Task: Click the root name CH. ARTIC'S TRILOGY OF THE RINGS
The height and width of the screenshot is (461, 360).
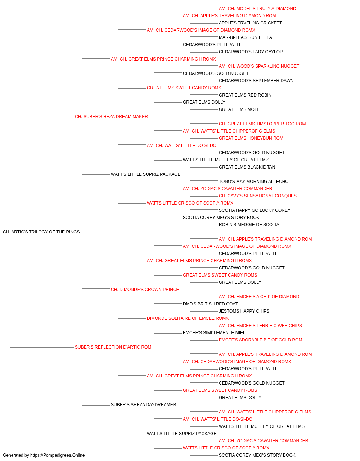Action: click(x=41, y=232)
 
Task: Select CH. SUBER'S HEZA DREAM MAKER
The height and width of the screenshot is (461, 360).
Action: click(x=111, y=117)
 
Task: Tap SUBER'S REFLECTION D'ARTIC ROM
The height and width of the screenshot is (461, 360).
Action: click(x=113, y=347)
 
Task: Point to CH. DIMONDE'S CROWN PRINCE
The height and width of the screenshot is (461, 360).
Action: click(x=145, y=290)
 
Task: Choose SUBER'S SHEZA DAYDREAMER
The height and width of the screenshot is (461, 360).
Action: click(x=143, y=405)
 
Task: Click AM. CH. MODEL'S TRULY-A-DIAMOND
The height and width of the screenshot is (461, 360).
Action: click(x=257, y=9)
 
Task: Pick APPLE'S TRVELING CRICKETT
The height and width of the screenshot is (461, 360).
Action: click(x=250, y=23)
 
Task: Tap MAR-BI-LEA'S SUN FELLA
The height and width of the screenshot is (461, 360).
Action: click(x=245, y=37)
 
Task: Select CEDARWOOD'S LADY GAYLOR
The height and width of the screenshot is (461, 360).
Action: click(x=251, y=52)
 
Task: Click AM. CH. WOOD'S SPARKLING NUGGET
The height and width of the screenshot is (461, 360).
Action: click(x=259, y=66)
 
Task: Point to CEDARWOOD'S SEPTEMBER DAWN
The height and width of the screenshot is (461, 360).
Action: click(x=256, y=81)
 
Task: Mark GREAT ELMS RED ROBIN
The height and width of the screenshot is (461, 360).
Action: click(x=245, y=95)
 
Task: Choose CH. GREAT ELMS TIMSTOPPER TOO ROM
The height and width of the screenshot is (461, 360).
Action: click(x=262, y=124)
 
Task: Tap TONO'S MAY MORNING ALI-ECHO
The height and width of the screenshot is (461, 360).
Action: click(x=253, y=182)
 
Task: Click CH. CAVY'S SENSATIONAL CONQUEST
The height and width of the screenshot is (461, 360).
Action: click(x=259, y=196)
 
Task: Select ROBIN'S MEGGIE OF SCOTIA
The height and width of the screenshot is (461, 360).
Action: click(x=249, y=225)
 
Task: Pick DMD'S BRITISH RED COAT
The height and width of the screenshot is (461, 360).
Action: click(x=210, y=304)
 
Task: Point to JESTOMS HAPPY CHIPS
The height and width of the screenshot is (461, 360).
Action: click(x=244, y=311)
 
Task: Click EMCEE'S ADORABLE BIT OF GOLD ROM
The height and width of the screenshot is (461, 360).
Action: click(x=260, y=340)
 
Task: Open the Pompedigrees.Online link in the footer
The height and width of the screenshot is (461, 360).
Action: click(x=58, y=455)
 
